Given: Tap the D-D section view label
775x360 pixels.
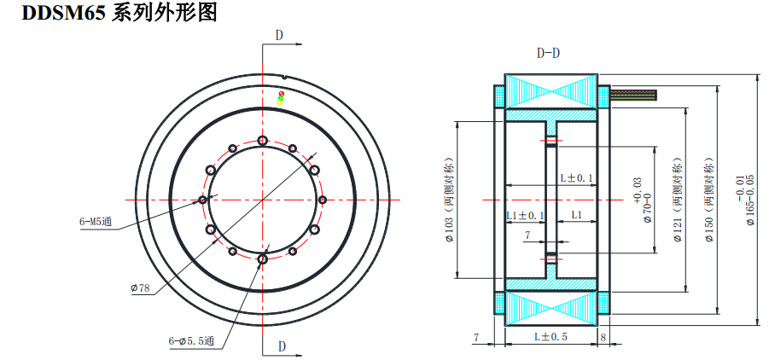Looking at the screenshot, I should (548, 53).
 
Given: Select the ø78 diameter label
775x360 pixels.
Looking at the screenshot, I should (140, 288).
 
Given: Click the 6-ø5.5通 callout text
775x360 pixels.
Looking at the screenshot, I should (196, 341).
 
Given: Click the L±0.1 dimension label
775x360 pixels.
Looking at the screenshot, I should (576, 177).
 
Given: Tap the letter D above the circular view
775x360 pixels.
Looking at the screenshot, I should (279, 35).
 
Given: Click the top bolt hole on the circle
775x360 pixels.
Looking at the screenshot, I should (262, 141).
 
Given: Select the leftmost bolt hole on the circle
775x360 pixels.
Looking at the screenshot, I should (202, 200).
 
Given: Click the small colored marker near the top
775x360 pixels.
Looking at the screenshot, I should (281, 97).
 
